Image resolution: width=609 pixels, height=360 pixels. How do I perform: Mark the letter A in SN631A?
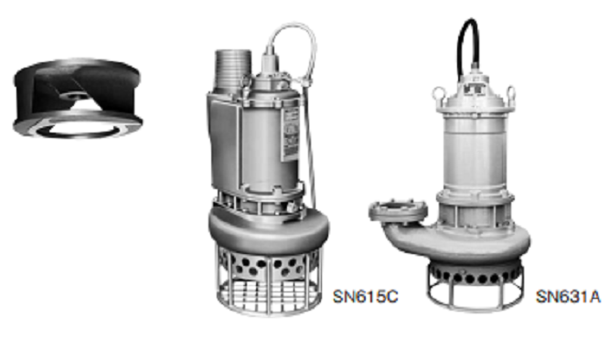594,297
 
